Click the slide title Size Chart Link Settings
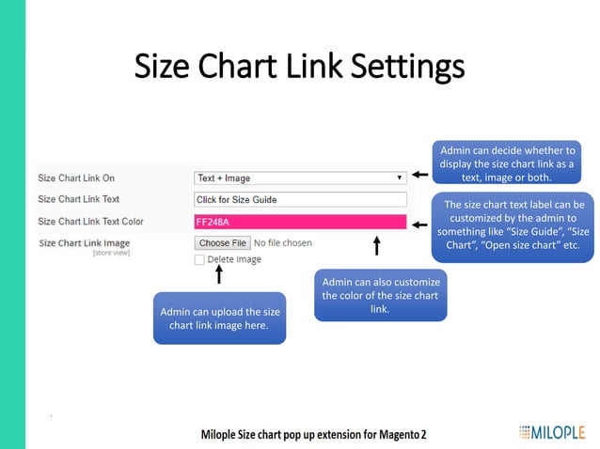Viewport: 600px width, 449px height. (299, 68)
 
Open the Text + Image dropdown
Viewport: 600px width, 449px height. (300, 178)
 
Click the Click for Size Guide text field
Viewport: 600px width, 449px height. (300, 199)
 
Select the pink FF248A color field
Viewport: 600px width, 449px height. (300, 222)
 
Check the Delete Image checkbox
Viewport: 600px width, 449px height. (199, 260)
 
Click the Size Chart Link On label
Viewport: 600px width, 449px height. (76, 178)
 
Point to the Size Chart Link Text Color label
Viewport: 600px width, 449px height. (90, 222)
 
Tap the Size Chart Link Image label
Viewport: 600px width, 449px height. (85, 242)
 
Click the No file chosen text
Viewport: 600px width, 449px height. (283, 242)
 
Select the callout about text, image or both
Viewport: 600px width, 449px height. (507, 163)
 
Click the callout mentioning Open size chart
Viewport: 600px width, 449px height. (513, 224)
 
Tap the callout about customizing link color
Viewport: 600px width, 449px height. (380, 296)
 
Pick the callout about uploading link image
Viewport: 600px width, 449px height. (219, 318)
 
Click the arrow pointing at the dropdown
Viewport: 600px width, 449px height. (420, 176)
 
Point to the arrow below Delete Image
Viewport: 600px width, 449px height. (219, 275)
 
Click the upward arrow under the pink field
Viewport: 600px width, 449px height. (377, 246)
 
